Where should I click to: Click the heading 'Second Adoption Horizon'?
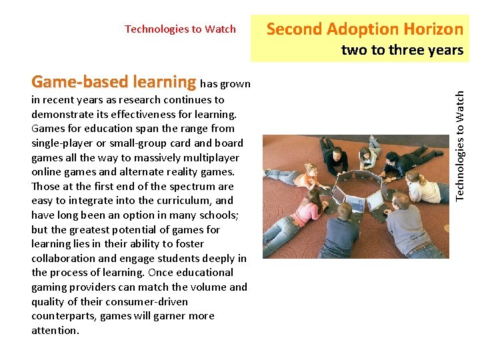coord(365,29)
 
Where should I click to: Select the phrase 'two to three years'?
coord(402,50)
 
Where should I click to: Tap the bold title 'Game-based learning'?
coord(114,82)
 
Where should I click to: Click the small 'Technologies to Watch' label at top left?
coord(180,29)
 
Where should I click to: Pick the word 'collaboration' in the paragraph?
coord(63,258)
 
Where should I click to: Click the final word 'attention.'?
coord(55,330)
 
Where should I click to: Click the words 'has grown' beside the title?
coord(225,84)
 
